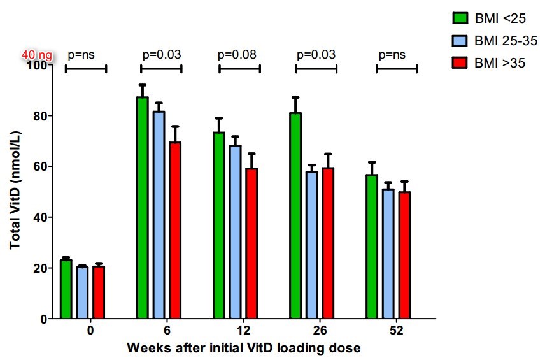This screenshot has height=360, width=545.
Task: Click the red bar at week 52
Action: tap(404, 255)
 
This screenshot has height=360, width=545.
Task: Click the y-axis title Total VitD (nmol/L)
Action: tap(15, 191)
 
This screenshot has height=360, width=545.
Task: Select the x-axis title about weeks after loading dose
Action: tap(244, 349)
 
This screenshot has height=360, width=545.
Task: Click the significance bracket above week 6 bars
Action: tap(162, 68)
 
